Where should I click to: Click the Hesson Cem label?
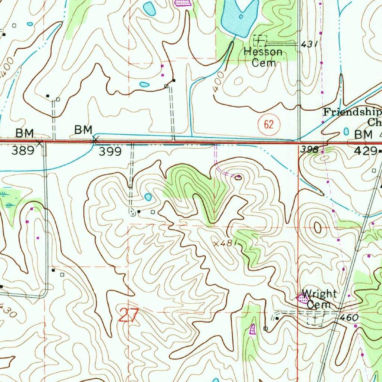pyautogui.click(x=263, y=57)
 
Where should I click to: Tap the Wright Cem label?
pyautogui.click(x=319, y=299)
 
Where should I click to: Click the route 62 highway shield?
pyautogui.click(x=269, y=124)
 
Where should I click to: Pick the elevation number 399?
pyautogui.click(x=110, y=151)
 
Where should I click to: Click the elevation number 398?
pyautogui.click(x=309, y=150)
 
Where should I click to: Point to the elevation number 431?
pyautogui.click(x=309, y=44)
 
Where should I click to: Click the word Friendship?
pyautogui.click(x=352, y=112)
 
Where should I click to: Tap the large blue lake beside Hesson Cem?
pyautogui.click(x=239, y=17)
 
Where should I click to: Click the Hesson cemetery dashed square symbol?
pyautogui.click(x=260, y=40)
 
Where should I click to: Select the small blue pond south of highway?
pyautogui.click(x=148, y=197)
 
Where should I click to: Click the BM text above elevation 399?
pyautogui.click(x=83, y=130)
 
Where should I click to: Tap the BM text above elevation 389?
pyautogui.click(x=25, y=133)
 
